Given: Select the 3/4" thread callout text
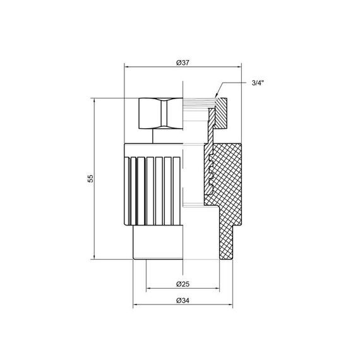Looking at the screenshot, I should coord(257,83).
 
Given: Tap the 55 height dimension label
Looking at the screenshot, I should coord(90,179).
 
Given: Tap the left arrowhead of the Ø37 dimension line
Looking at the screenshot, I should coord(127,66).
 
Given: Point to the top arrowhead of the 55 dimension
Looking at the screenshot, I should coord(94,100).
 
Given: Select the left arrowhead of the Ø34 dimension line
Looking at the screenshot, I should coord(135,306).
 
